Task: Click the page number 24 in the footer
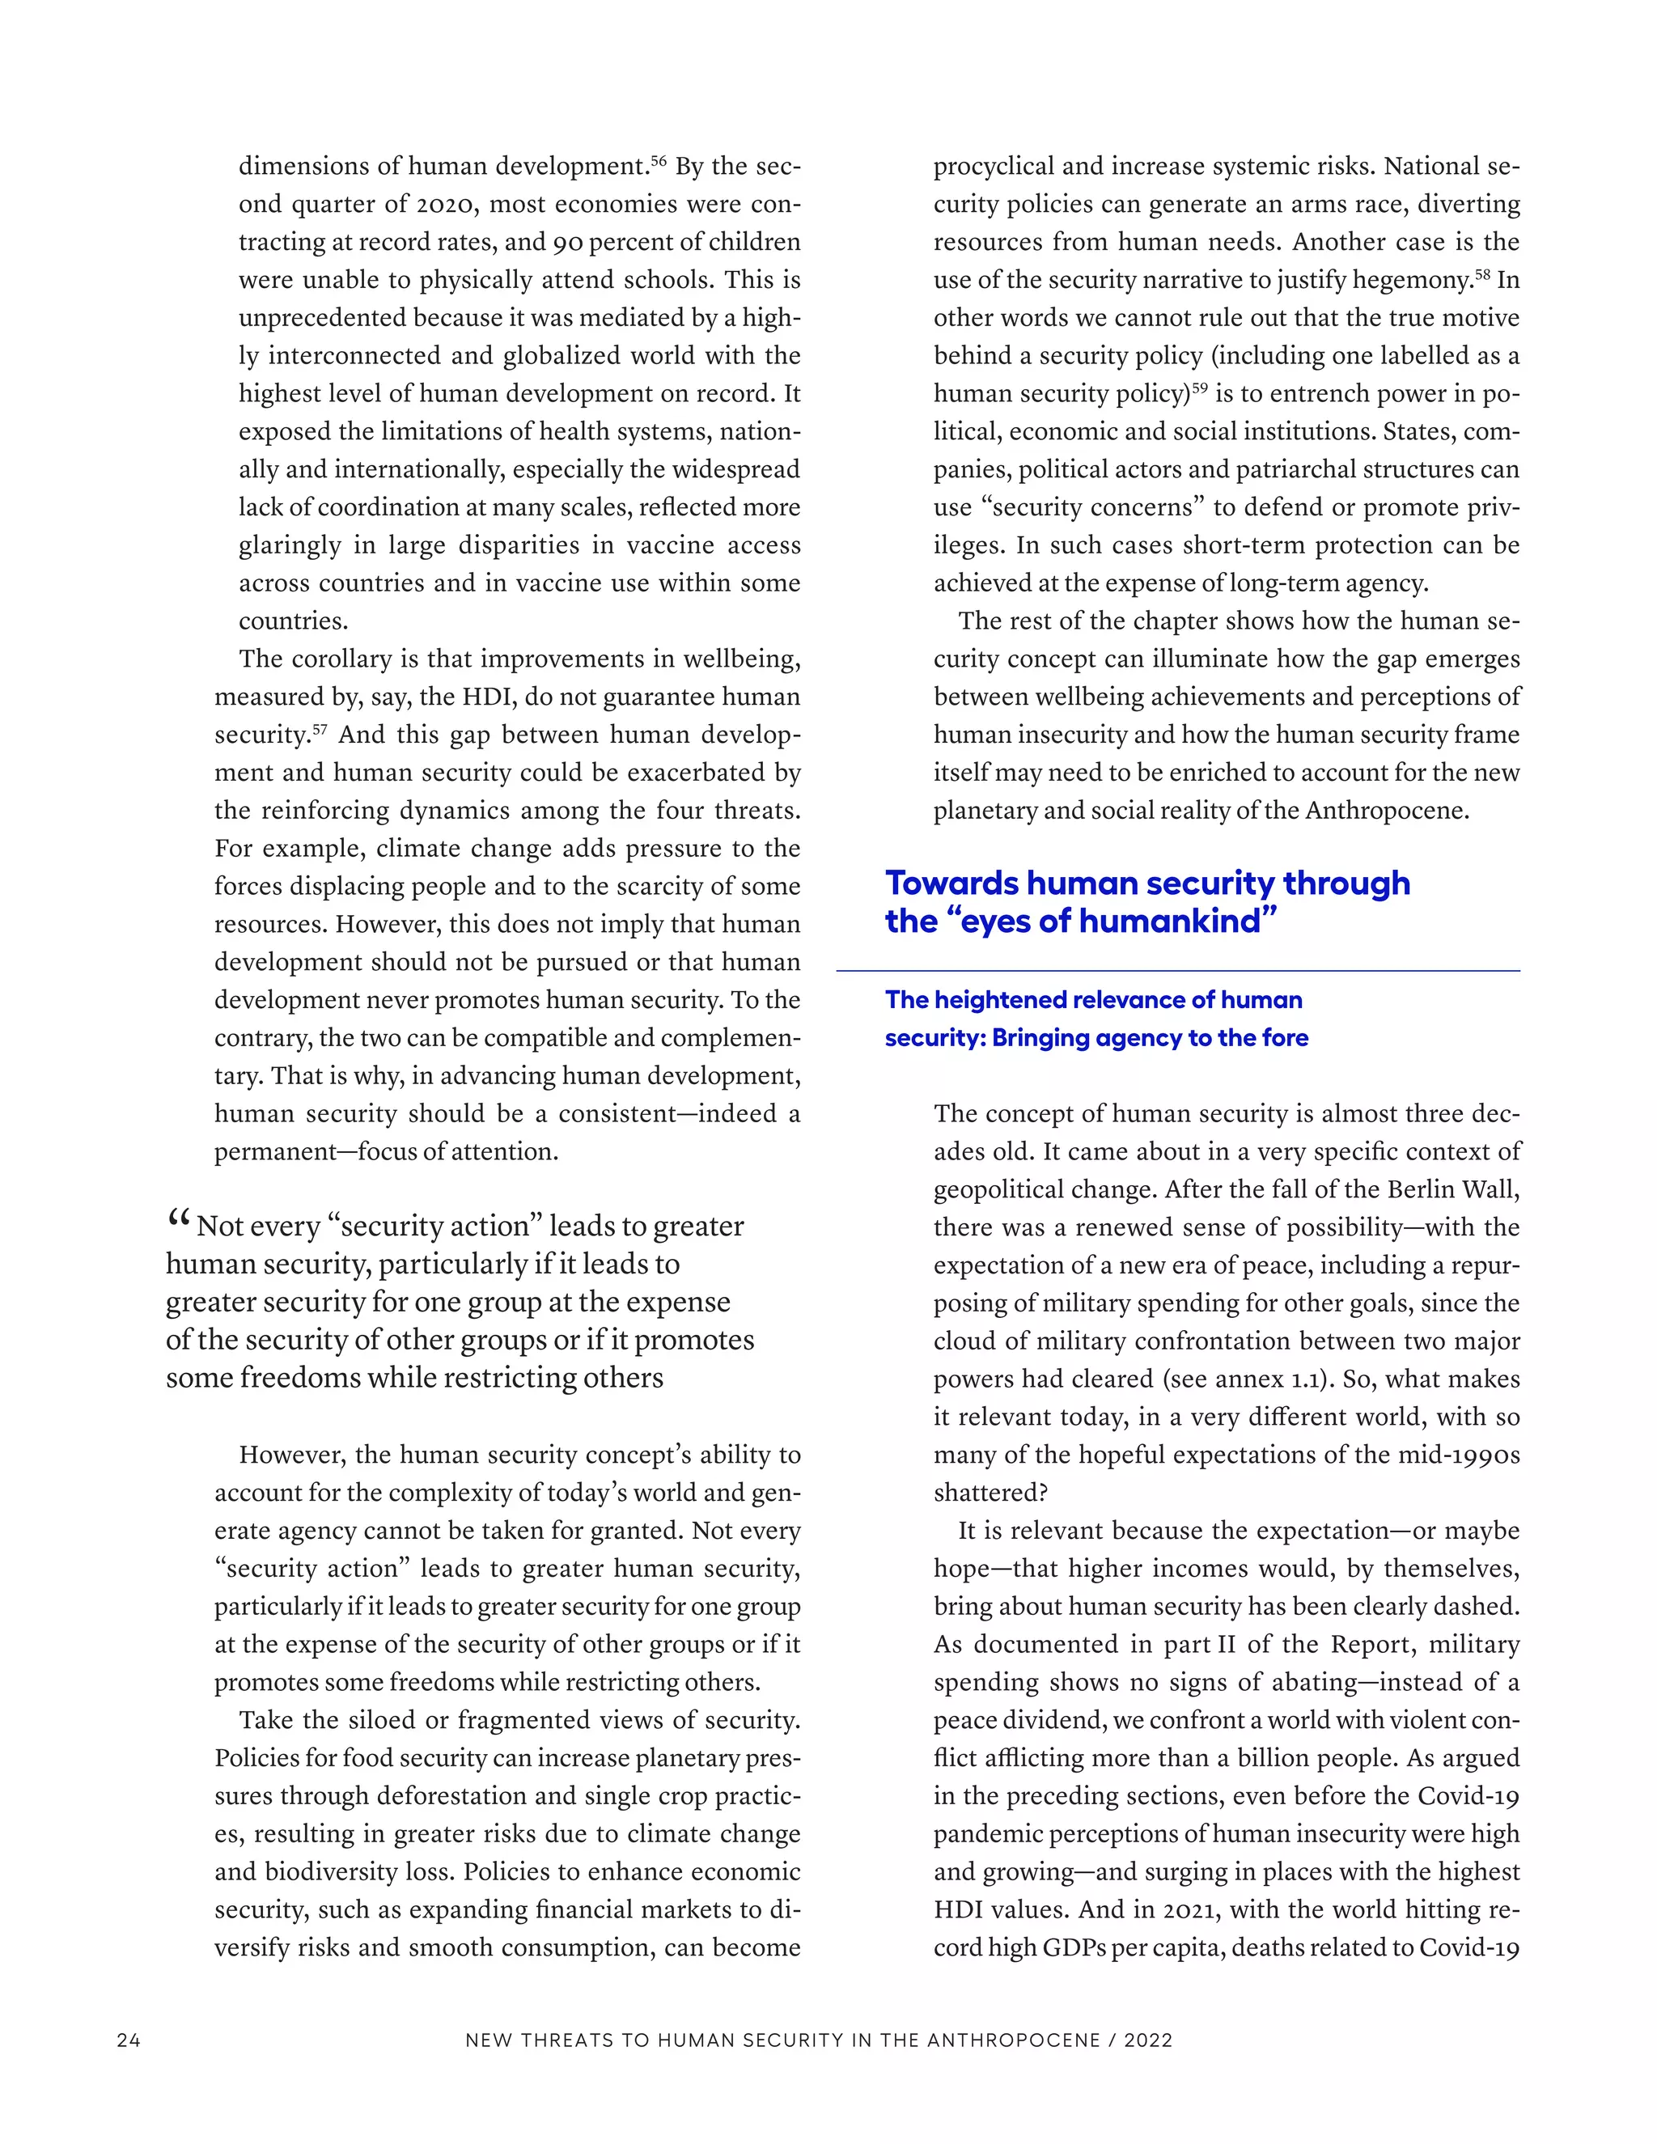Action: [x=129, y=2040]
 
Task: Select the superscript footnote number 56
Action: [x=659, y=160]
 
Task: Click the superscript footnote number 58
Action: [x=1483, y=274]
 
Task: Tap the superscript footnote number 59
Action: [x=1200, y=388]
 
